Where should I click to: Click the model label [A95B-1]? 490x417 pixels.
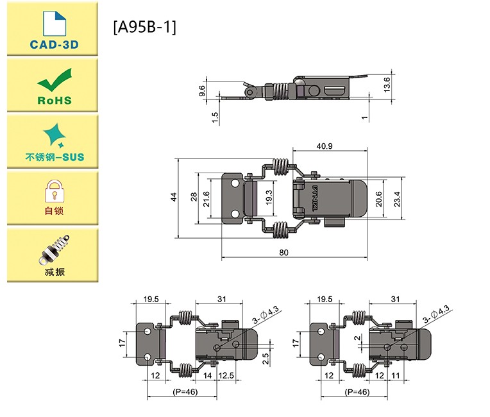(x=144, y=27)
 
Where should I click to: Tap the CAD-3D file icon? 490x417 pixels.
(x=54, y=24)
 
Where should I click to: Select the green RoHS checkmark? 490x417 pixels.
(x=53, y=82)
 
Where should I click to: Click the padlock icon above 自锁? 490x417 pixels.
(x=54, y=190)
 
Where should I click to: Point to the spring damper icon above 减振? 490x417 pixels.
(x=54, y=249)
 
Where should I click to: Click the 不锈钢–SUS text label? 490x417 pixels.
(x=54, y=157)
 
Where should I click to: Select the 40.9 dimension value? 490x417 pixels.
(x=325, y=146)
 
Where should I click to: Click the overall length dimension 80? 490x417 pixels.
(x=284, y=252)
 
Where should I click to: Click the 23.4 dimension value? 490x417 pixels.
(x=398, y=198)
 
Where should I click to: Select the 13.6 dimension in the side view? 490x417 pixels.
(x=386, y=84)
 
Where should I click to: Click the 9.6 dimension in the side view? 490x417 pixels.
(x=203, y=90)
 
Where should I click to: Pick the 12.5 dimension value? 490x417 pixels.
(x=226, y=375)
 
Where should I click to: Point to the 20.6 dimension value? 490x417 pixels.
(x=379, y=198)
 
